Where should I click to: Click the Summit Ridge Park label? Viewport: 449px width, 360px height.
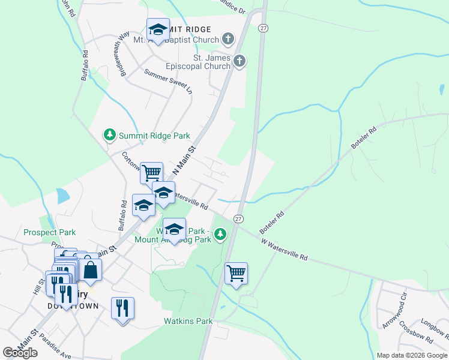(154, 136)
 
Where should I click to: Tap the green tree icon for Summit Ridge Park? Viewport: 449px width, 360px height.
(109, 135)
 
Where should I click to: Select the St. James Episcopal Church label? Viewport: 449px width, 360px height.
(212, 62)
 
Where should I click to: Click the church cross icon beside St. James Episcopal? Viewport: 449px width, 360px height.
(239, 61)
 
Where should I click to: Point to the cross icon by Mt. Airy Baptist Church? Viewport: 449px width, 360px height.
(227, 40)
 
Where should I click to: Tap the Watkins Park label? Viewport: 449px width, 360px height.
(188, 321)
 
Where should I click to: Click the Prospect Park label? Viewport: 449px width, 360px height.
(50, 232)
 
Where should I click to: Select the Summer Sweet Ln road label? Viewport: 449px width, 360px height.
(168, 81)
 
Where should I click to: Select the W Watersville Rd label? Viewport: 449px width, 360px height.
(285, 248)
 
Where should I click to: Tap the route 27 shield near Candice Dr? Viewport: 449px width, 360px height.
(263, 28)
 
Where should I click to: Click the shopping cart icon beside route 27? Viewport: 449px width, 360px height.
(237, 273)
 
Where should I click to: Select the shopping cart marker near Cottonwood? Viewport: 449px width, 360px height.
(151, 173)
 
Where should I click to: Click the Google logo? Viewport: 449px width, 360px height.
(20, 353)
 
